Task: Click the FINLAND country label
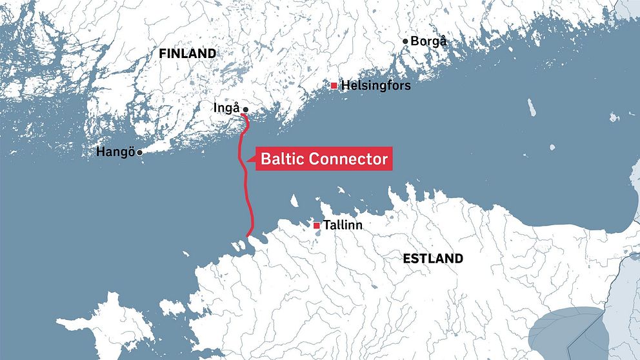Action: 187,54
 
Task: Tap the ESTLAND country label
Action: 432,259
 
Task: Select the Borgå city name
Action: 429,41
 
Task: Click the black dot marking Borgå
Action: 405,41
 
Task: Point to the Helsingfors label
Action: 375,85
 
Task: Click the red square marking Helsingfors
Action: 334,85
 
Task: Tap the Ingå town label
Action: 226,108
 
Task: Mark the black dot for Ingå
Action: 245,110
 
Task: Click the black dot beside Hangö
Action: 139,152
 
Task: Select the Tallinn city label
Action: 343,226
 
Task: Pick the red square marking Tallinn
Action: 316,226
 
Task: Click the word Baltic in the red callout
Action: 282,159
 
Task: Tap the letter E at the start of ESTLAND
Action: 406,259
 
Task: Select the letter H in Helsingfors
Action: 345,85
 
